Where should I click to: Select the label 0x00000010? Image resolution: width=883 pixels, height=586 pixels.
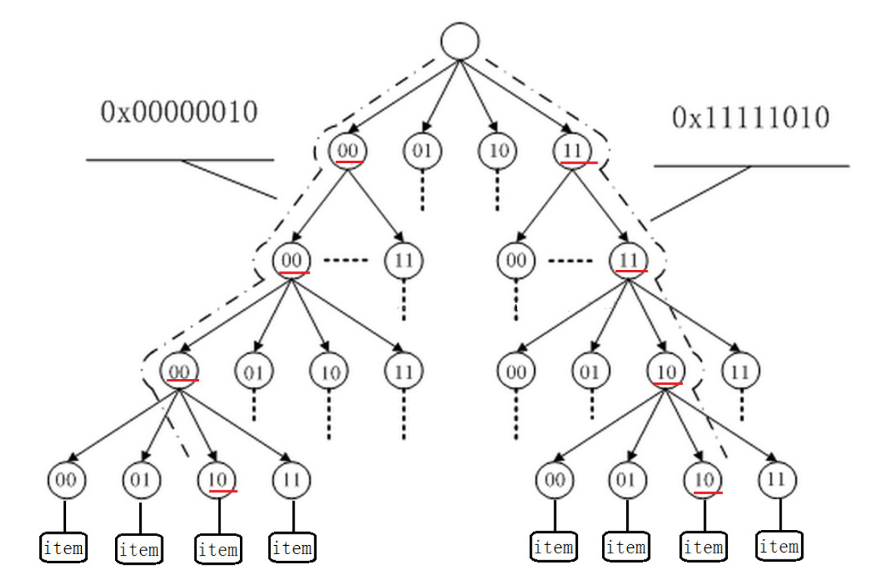pos(179,112)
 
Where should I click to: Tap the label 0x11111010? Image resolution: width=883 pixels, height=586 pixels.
pos(750,118)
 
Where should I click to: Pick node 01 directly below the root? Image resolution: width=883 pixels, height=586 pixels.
pos(422,150)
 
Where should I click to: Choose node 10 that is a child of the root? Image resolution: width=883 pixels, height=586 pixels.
pos(497,150)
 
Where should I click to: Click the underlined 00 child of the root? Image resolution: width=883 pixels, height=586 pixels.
pos(347,150)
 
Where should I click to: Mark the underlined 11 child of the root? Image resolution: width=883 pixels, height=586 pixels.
pos(573,150)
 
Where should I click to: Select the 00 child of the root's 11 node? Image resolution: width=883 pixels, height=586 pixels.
pos(516,261)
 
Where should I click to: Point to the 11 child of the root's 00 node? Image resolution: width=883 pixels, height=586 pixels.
pos(404,261)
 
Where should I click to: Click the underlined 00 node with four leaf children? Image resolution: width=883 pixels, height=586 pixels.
pos(179,371)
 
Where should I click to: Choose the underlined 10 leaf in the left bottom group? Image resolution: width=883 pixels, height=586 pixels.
pos(217,480)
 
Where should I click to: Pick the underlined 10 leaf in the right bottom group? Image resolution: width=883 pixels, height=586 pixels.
pos(703,480)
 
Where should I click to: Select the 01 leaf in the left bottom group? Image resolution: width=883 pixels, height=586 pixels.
pos(142,480)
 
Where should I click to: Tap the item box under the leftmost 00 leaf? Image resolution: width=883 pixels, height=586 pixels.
pos(63,547)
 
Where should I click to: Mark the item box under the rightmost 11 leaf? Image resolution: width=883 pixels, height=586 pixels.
pos(778,546)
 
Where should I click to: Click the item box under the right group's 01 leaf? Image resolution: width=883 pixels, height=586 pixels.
pos(626,547)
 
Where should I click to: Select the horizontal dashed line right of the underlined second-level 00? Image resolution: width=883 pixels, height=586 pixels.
pos(345,261)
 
